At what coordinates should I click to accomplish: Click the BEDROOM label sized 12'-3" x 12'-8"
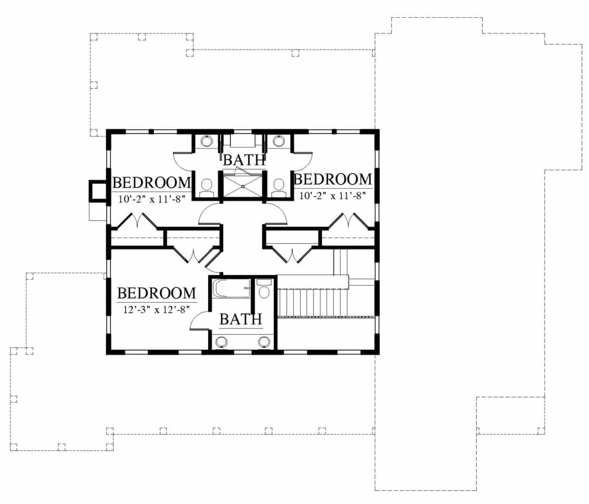click(x=156, y=293)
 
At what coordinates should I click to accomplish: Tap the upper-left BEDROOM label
click(x=151, y=183)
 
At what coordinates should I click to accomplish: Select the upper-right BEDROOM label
click(x=333, y=180)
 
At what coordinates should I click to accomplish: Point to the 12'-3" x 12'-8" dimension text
click(x=156, y=310)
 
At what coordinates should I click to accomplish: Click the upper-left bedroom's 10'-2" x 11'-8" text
click(x=152, y=199)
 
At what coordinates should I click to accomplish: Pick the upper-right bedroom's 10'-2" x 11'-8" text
click(x=332, y=196)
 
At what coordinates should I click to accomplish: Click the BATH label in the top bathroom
click(x=244, y=160)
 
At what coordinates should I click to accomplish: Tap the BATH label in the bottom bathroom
click(x=241, y=319)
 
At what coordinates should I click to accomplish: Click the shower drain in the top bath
click(x=243, y=186)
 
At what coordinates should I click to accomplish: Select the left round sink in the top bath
click(x=206, y=141)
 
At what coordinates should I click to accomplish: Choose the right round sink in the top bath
click(x=278, y=141)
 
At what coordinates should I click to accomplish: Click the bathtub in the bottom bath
click(x=231, y=289)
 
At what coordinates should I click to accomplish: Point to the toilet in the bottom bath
click(x=263, y=289)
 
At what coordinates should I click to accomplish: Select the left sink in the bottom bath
click(x=222, y=342)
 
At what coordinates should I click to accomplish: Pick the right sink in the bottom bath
click(x=265, y=342)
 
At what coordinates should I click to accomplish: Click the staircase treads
click(x=313, y=303)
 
